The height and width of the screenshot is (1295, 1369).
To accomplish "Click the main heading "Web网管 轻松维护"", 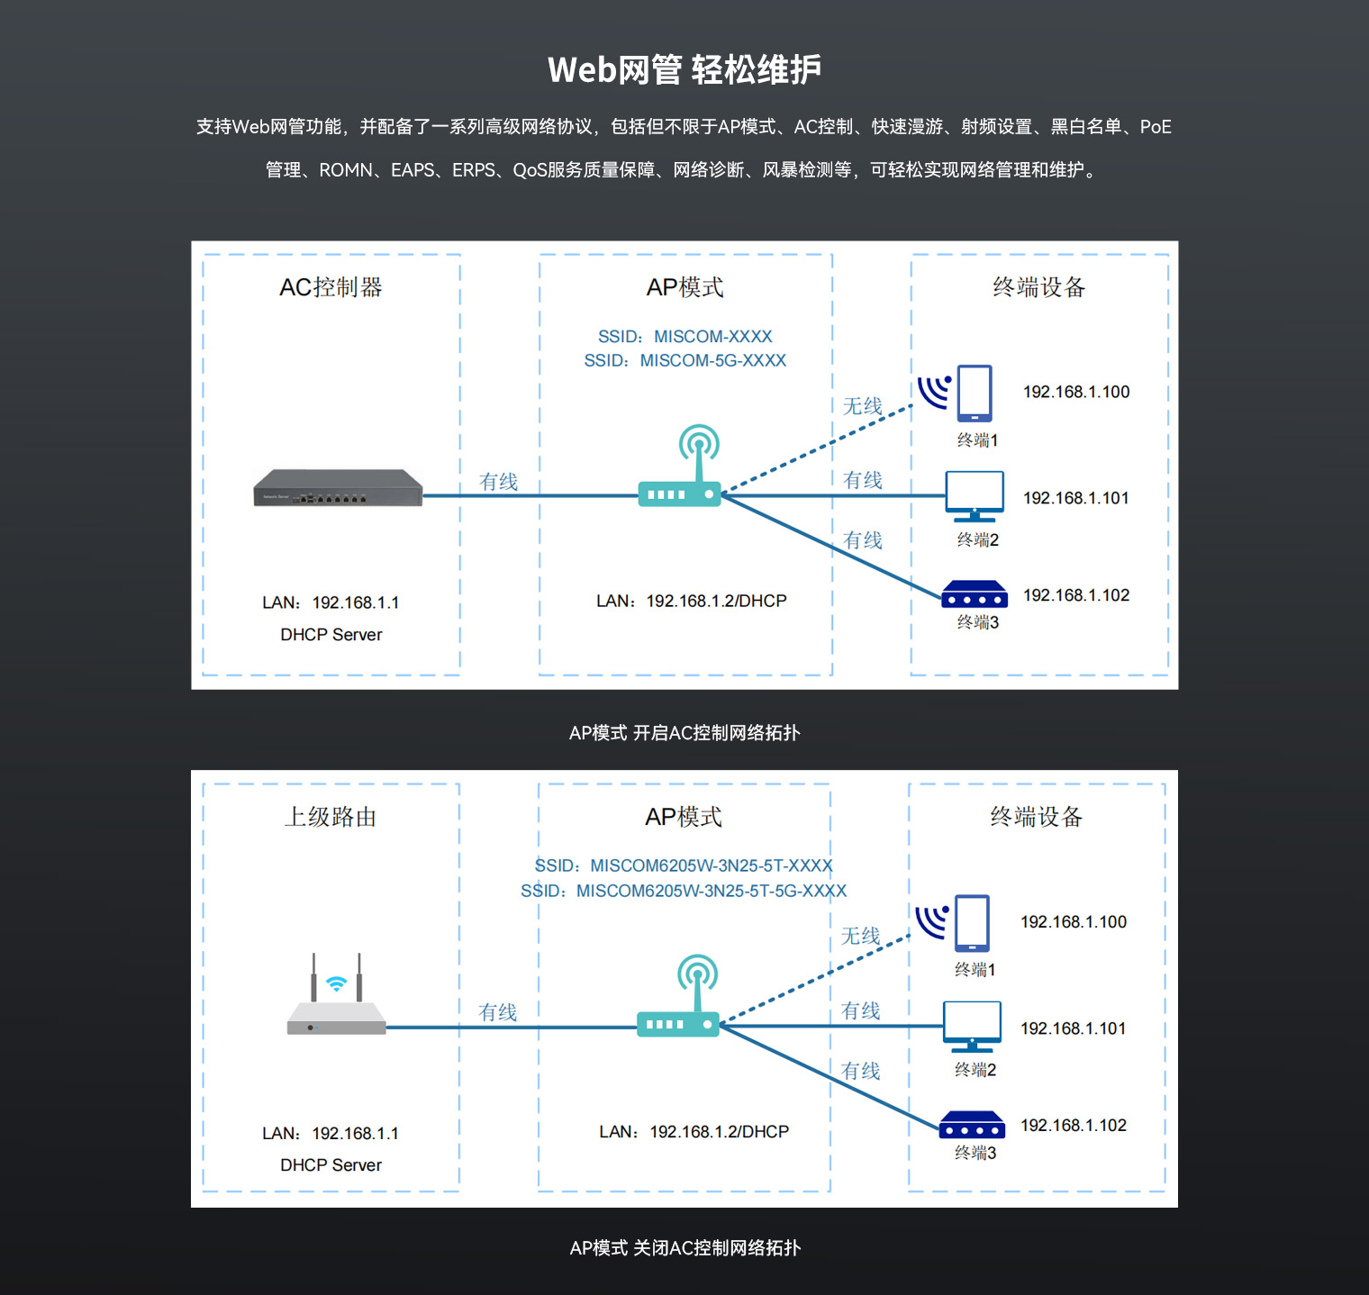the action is point(684,69).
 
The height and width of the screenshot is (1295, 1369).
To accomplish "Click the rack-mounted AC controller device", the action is point(338,488).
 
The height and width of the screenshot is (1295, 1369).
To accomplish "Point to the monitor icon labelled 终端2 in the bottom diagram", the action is point(972,1027).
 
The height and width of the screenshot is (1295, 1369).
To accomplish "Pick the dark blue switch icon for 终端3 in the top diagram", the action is point(975,594).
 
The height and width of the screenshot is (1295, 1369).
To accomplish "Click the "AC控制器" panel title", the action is point(331,287).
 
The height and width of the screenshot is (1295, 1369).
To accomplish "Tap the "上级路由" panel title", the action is point(331,817).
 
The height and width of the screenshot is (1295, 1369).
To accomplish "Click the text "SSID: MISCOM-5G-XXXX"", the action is point(684,360).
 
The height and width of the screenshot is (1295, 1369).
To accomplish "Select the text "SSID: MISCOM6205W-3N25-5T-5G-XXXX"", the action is point(684,891).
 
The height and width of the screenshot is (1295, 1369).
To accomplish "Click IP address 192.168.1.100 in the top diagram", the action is point(1076,392).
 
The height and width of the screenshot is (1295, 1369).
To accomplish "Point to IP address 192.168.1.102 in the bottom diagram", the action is point(1074,1125).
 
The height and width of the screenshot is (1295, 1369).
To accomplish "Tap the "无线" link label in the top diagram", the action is point(863,406).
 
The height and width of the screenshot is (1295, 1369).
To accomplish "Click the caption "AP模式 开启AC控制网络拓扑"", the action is point(684,733).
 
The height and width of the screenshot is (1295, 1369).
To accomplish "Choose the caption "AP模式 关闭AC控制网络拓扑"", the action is point(684,1248).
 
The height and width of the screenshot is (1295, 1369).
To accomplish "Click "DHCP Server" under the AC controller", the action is point(331,635).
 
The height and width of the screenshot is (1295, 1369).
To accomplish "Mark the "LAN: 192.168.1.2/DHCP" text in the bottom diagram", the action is point(694,1132).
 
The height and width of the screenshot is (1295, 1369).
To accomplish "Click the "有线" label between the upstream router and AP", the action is point(497,1012).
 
